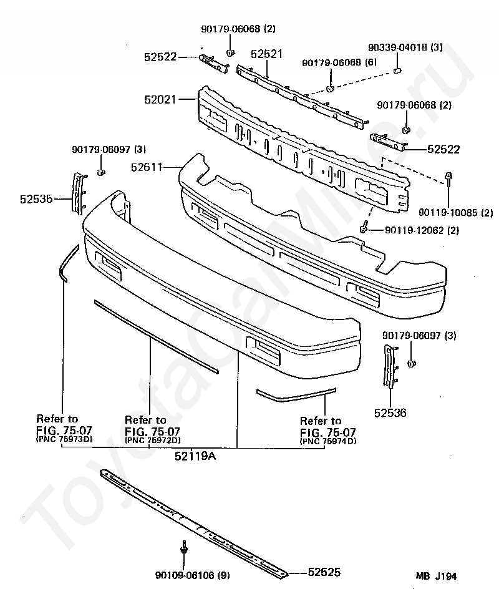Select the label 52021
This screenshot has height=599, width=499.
160,99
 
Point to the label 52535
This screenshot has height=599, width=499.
36,200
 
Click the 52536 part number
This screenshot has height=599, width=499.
390,412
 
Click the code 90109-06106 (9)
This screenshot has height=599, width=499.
192,575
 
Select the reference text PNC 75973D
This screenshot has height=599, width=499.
65,439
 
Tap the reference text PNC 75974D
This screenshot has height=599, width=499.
329,441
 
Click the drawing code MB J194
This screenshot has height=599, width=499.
437,577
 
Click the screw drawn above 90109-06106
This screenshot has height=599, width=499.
184,547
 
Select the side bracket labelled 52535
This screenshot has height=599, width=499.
78,193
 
